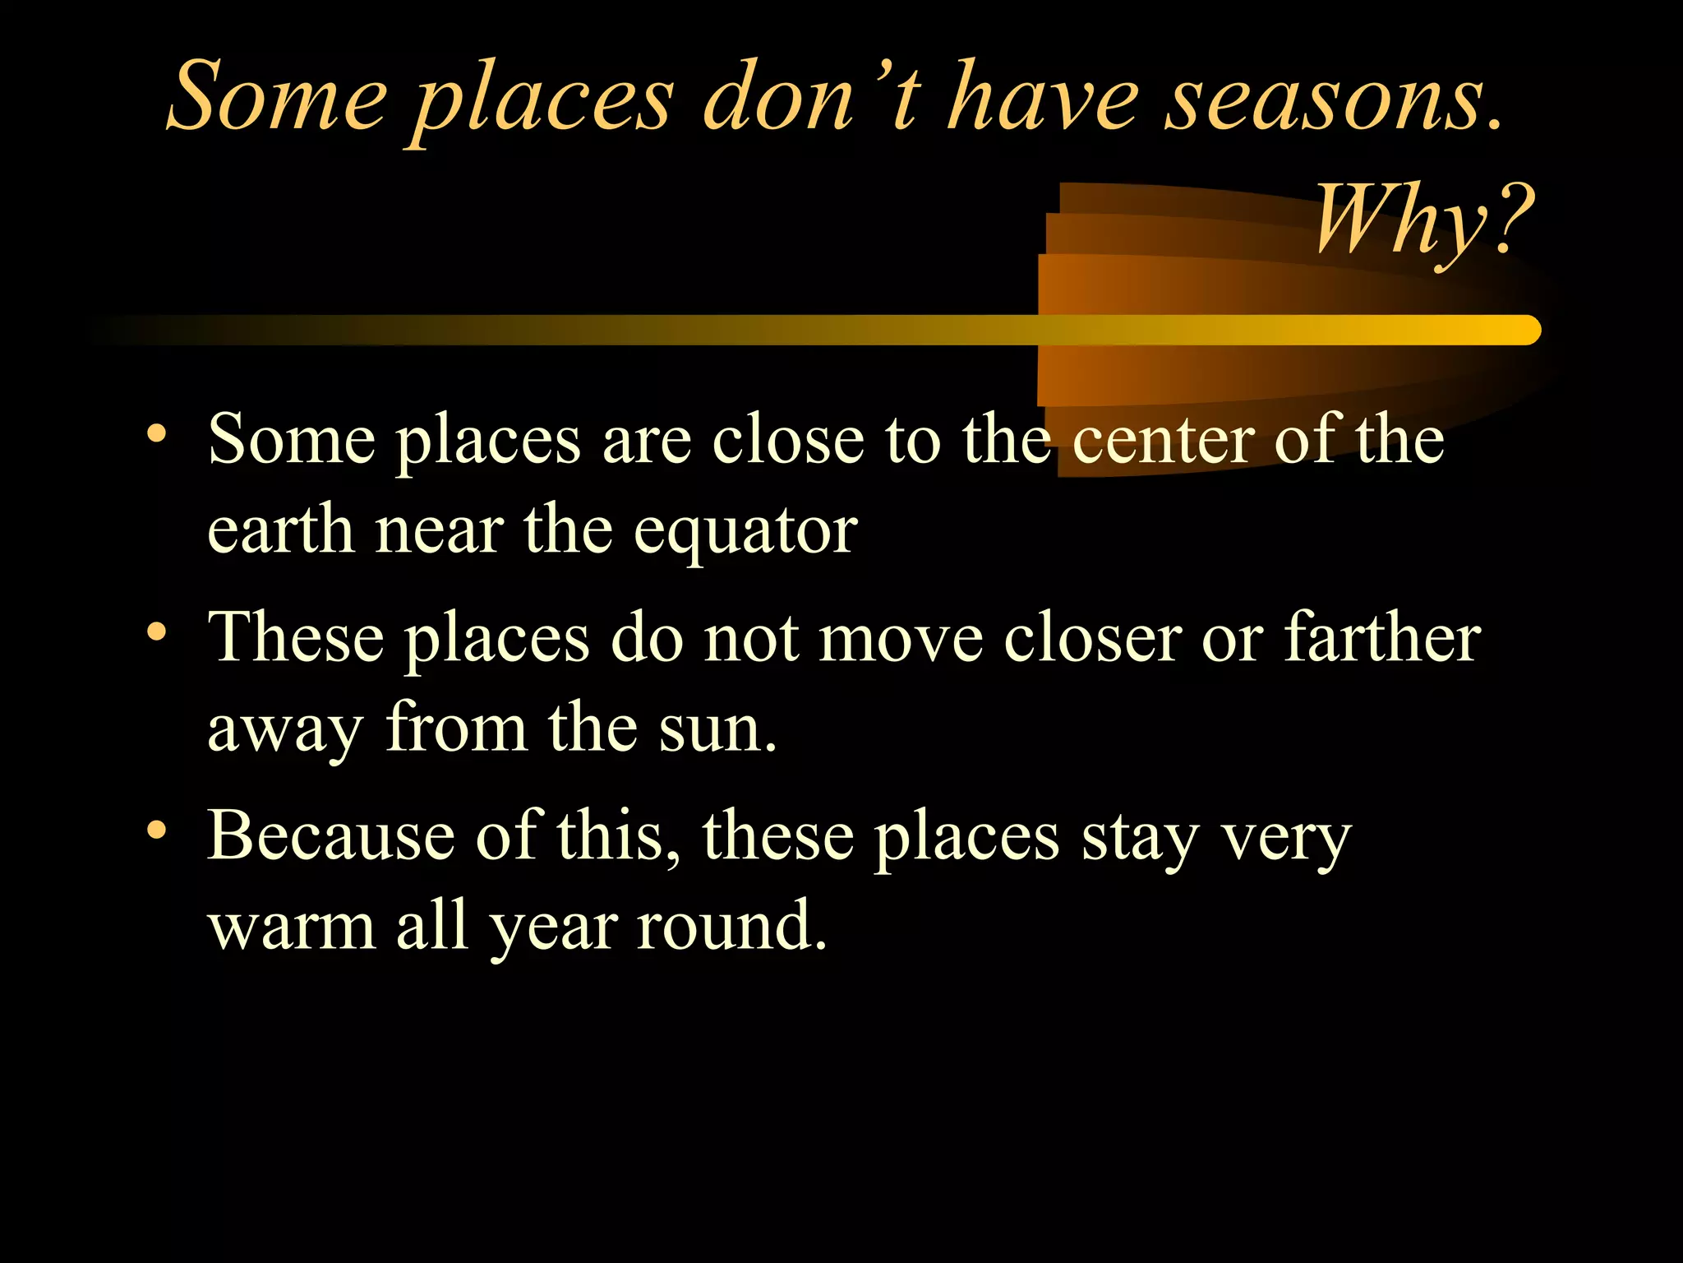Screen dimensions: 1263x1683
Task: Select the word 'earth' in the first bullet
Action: point(279,531)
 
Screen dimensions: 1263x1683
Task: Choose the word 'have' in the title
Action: point(1044,99)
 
